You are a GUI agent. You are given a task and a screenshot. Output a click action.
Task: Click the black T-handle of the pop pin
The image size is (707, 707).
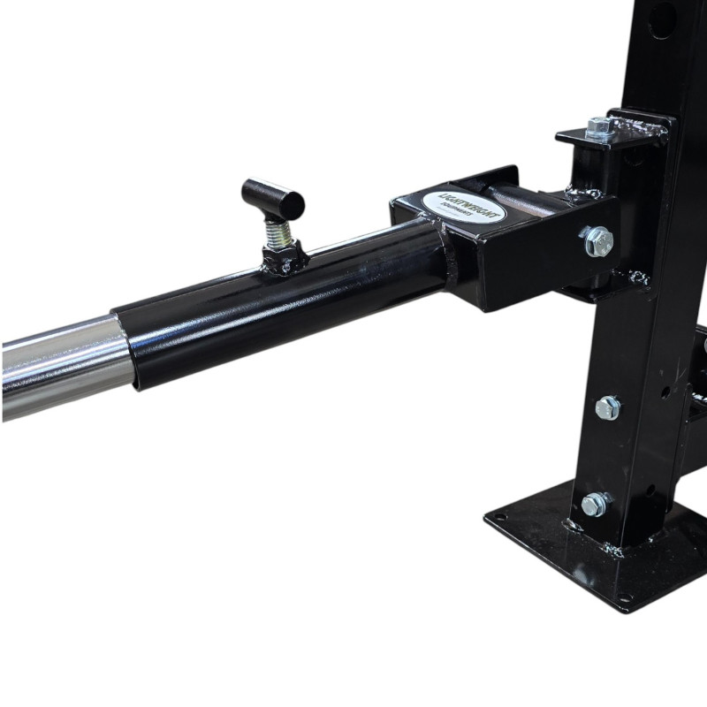click(273, 198)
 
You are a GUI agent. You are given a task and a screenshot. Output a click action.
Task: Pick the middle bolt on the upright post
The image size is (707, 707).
click(607, 407)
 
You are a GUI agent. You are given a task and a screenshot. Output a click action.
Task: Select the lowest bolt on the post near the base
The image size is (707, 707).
click(595, 505)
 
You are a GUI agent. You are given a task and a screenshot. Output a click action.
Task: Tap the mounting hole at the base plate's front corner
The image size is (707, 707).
click(624, 602)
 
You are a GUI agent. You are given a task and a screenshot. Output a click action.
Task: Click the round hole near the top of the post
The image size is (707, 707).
click(662, 19)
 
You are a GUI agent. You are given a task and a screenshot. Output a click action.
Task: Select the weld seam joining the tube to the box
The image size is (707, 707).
click(446, 265)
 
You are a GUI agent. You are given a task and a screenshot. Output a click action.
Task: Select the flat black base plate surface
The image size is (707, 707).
click(548, 548)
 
